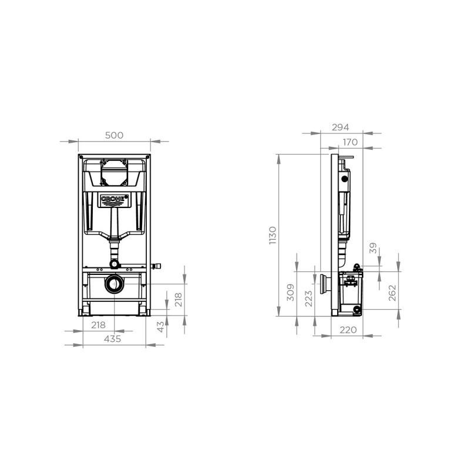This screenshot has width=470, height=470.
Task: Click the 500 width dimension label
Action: [x=114, y=135]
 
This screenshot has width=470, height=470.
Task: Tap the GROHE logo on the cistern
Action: [x=115, y=200]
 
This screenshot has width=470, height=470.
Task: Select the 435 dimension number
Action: [x=113, y=339]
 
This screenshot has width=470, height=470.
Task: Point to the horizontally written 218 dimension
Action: [x=98, y=325]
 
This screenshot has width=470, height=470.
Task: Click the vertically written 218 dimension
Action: [x=179, y=300]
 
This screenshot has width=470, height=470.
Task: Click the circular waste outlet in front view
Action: [x=114, y=285]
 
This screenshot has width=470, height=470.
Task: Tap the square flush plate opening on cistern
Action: [x=115, y=170]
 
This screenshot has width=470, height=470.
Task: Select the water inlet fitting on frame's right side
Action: [x=156, y=266]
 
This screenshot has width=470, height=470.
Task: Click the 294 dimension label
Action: [x=341, y=127]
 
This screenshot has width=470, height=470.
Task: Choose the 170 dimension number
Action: [x=350, y=142]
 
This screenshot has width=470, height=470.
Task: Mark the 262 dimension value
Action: [x=392, y=293]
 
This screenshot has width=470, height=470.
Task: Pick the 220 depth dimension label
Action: [x=348, y=330]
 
